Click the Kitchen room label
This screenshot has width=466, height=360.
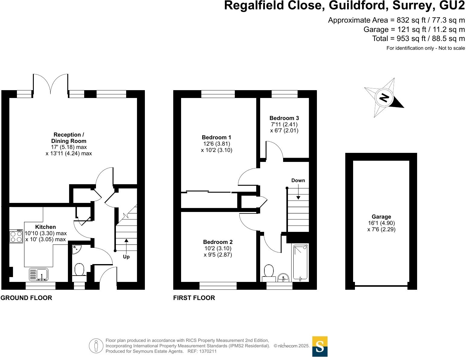(x=46, y=227)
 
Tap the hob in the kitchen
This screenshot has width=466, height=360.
(x=16, y=236)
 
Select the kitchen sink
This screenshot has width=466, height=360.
(x=38, y=274)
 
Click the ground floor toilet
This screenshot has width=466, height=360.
(x=79, y=270)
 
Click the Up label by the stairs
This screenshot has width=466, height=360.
(x=126, y=257)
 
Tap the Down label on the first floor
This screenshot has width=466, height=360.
(x=298, y=181)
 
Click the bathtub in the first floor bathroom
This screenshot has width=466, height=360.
(x=300, y=262)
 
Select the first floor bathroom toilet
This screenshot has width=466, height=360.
(x=268, y=271)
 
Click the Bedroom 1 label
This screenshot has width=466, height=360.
(x=216, y=137)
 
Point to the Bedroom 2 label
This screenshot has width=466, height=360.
(x=218, y=242)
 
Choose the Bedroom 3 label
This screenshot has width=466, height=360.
(x=284, y=118)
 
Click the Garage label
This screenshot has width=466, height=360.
(x=381, y=217)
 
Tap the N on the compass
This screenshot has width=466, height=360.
(x=384, y=98)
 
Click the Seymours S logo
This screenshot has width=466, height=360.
(x=320, y=346)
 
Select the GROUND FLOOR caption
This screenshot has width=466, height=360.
(x=26, y=298)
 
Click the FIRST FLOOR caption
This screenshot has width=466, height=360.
(x=194, y=298)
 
